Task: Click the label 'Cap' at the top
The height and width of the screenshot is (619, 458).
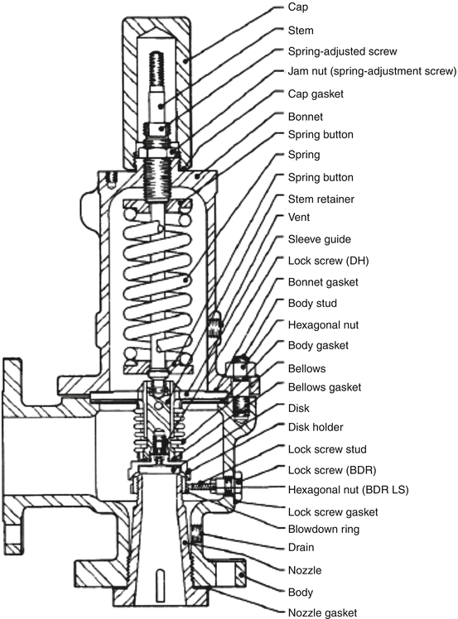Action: [298, 7]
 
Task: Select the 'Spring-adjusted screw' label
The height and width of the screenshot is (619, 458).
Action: [342, 51]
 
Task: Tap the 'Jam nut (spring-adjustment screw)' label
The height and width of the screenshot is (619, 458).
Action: [372, 71]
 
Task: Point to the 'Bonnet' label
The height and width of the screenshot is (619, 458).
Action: [306, 117]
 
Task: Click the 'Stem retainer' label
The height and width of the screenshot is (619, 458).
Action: [321, 199]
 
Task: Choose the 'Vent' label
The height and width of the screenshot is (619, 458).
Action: [299, 218]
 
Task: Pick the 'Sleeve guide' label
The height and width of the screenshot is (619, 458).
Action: [320, 239]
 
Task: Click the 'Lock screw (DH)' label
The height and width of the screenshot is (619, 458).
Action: [328, 261]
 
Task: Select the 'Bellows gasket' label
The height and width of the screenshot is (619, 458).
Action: [325, 387]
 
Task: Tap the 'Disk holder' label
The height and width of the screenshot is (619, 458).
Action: [316, 427]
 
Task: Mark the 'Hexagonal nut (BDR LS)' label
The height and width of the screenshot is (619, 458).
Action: [348, 490]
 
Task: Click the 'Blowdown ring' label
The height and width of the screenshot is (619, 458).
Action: [324, 529]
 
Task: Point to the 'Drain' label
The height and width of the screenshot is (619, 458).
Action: [301, 548]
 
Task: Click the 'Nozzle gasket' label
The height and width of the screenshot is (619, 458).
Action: [322, 612]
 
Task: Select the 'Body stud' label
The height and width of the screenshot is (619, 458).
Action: [312, 304]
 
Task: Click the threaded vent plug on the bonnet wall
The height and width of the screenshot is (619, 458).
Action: [214, 324]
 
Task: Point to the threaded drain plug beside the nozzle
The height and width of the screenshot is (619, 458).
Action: [196, 533]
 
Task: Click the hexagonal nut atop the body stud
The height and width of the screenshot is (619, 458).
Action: [240, 367]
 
